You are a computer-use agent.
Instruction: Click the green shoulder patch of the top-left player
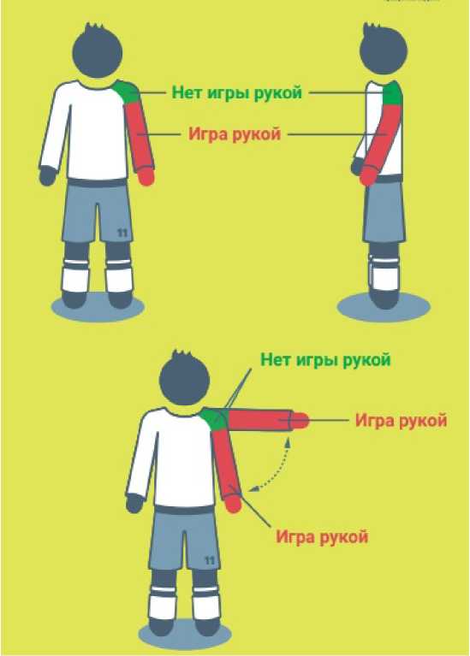pos(128,92)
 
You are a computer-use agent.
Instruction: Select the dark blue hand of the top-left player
pos(47,175)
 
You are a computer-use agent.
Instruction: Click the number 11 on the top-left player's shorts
pos(122,232)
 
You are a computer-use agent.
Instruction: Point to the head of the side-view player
pos(383,50)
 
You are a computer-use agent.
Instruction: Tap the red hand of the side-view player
pos(369,174)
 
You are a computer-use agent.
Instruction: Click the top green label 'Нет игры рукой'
pos(236,92)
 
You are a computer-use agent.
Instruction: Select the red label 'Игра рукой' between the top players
pos(235,134)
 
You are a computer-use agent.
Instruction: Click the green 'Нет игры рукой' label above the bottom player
pos(325,359)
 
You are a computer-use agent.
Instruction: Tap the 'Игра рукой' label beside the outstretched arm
pos(401,420)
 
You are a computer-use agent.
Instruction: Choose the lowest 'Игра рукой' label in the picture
pos(322,536)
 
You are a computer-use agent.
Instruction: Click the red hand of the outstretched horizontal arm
pos(300,421)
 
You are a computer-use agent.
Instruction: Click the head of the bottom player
pos(184,378)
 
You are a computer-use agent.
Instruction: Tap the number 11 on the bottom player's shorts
pos(210,559)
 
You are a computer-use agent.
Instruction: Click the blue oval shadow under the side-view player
pos(384,307)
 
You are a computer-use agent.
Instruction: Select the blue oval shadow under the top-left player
pos(98,307)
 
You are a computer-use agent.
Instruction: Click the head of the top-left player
pos(98,51)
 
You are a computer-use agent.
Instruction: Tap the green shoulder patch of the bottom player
pos(214,419)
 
